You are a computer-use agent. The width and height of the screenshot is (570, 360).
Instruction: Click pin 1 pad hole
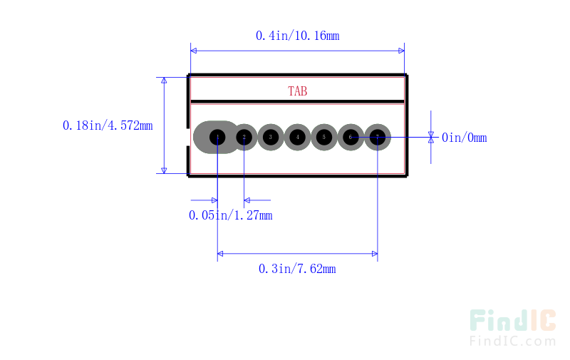pos(218,137)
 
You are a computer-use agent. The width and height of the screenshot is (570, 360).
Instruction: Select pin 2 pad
pos(244,137)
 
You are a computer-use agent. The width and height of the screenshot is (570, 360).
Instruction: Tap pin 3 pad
pos(271,137)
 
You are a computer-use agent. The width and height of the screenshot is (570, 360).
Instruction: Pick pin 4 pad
pos(298,137)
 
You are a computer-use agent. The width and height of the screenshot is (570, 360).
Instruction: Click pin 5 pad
pos(324,137)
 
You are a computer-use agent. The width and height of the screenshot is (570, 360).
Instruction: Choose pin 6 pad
pos(351,137)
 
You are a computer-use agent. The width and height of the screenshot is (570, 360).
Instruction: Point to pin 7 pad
pos(378,137)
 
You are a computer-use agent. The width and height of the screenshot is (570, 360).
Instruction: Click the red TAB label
pos(298,91)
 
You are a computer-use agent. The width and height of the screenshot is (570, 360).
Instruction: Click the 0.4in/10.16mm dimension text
pos(297,35)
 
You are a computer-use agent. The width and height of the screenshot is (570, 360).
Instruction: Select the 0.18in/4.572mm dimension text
pos(108,125)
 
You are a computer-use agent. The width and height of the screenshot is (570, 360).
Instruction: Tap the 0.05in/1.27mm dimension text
pos(230,215)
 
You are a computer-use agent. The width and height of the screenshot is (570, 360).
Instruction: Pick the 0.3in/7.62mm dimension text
pos(297,268)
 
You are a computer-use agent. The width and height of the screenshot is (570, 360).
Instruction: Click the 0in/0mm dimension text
pos(464,138)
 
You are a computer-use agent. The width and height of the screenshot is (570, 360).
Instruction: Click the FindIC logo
pos(512,321)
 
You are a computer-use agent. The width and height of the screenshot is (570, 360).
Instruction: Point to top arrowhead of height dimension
pos(165,81)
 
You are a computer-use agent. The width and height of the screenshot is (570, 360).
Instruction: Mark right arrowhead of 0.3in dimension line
pos(373,253)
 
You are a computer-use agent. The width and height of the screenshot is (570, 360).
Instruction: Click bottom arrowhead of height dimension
pos(165,169)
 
